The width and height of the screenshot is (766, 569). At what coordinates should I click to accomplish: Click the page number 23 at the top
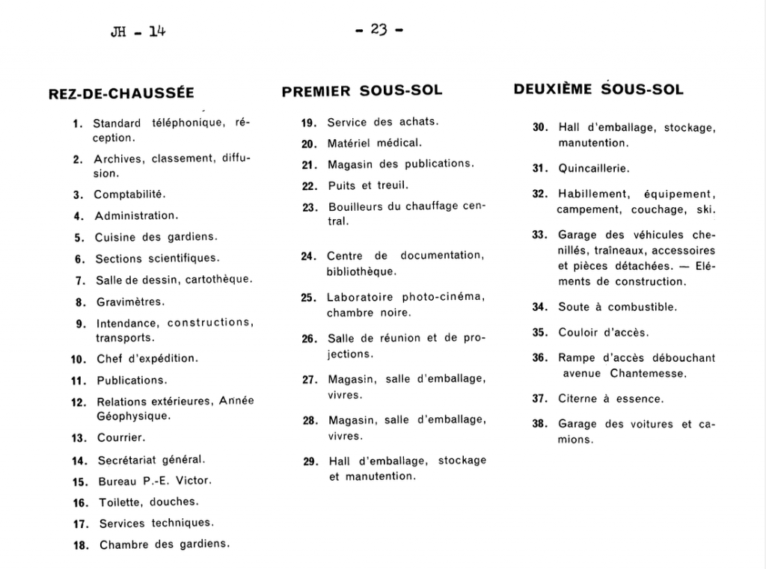point(379,30)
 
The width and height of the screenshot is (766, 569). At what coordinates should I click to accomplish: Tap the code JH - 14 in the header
point(136,31)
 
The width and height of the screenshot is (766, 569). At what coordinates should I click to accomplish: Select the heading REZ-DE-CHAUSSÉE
point(121,93)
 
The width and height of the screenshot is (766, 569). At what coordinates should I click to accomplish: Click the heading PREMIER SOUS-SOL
point(362,91)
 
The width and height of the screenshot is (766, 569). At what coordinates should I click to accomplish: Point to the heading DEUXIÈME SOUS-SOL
point(598,90)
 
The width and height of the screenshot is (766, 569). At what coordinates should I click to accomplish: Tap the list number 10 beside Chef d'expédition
point(79,359)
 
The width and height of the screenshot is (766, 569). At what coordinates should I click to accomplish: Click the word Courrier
point(121,437)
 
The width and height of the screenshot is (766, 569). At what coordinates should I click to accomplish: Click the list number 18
point(81,545)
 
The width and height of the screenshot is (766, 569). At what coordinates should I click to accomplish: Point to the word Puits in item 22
point(343,185)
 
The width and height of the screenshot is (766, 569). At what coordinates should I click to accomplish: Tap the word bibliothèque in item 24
point(361,271)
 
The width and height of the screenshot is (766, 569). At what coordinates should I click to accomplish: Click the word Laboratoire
point(361,298)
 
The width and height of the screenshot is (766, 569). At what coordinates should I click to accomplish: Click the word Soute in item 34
point(572,307)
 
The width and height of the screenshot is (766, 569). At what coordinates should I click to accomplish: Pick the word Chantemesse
point(648,373)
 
